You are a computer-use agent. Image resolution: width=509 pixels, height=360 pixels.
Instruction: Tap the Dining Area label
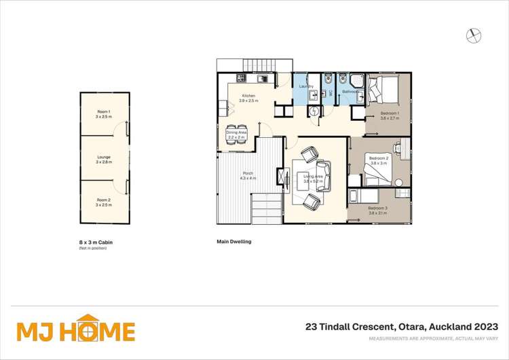point(236,134)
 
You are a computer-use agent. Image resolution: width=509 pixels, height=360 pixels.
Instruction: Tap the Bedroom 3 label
point(377,210)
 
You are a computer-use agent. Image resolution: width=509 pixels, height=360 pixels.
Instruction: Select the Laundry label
point(306,86)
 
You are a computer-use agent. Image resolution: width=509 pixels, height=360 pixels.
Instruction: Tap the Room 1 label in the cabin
point(103,114)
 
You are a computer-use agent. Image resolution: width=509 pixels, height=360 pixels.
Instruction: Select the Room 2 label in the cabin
point(103,202)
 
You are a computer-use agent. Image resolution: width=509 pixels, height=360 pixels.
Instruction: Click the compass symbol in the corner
point(474,34)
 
